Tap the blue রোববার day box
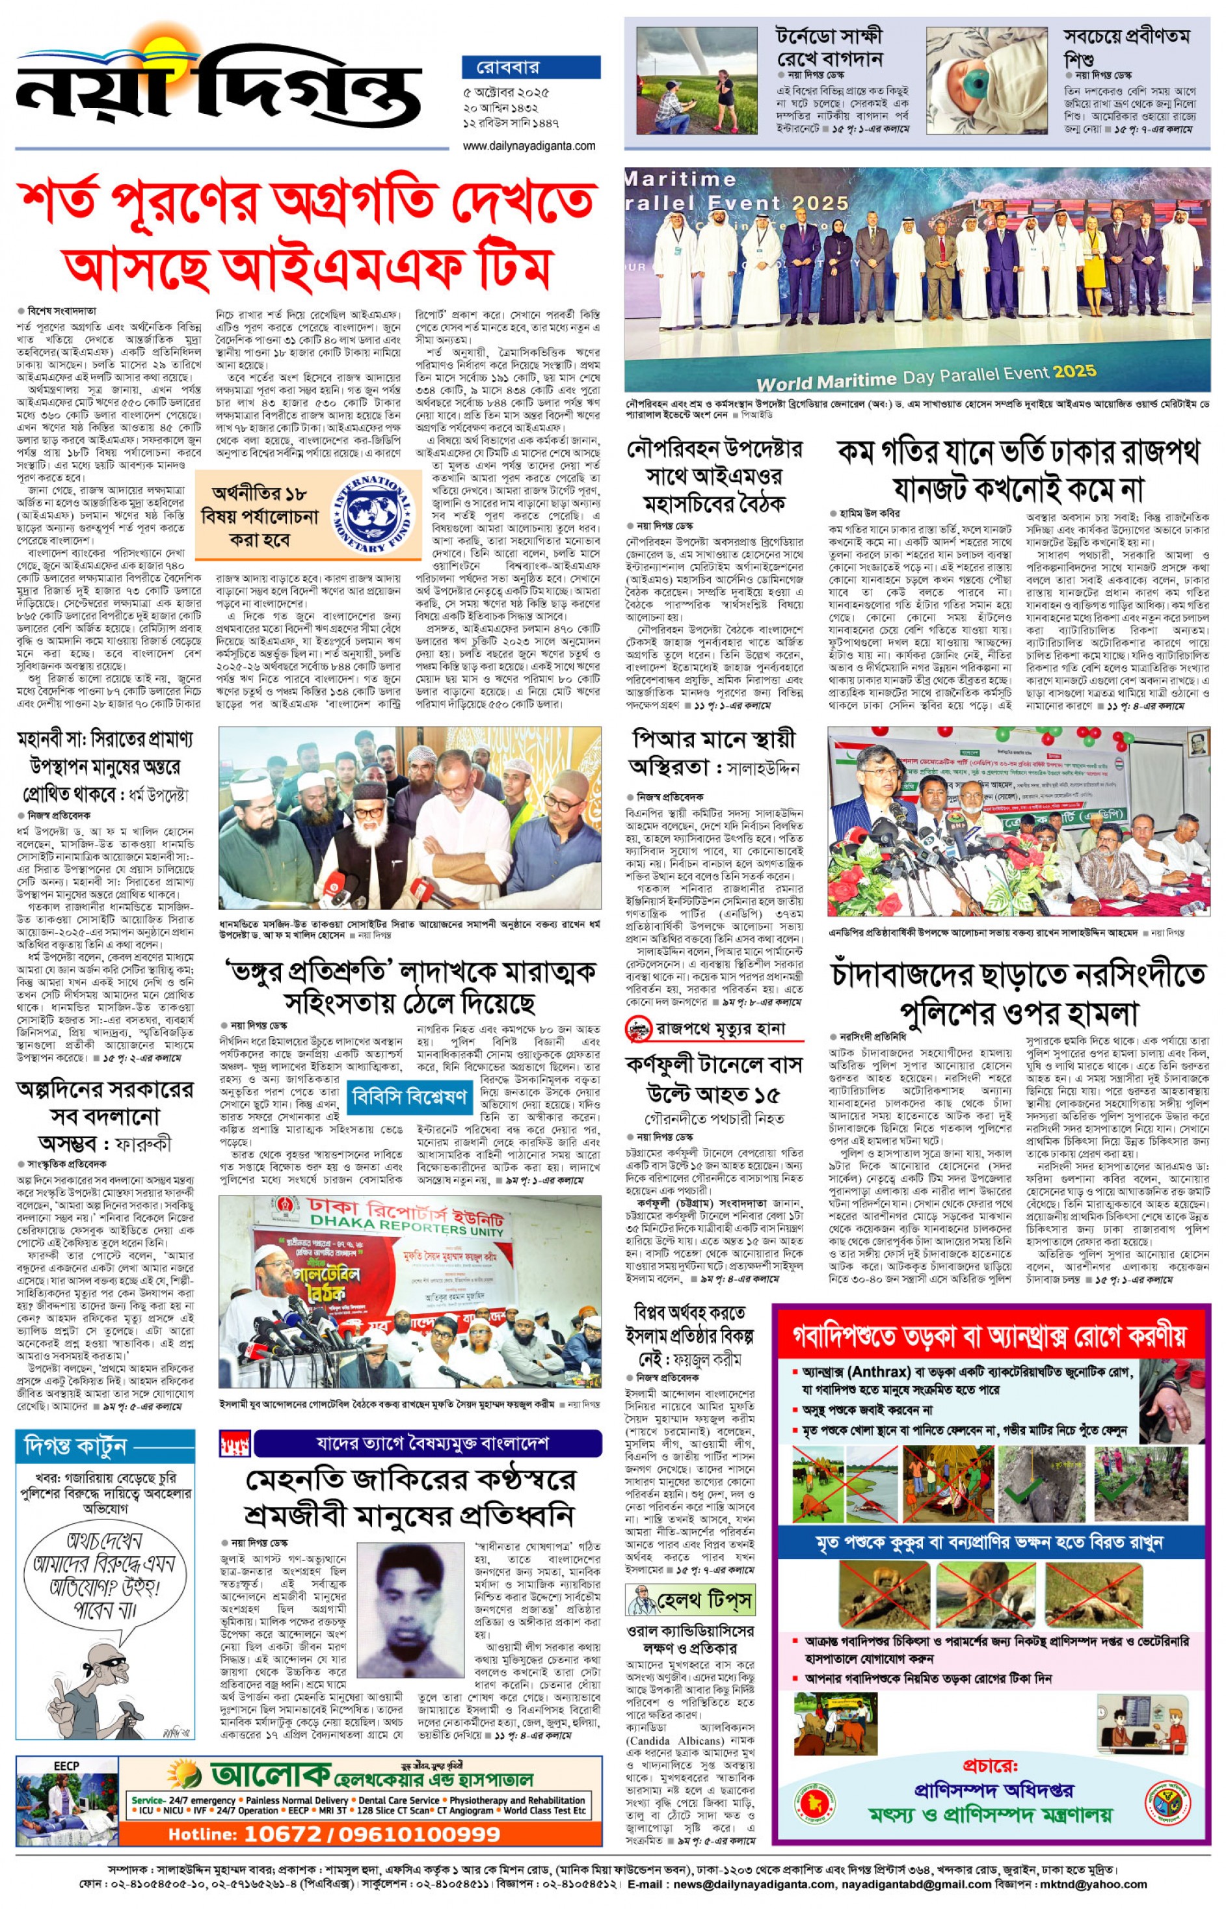(x=530, y=67)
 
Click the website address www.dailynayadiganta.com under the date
(x=529, y=146)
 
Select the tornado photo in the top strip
(x=697, y=81)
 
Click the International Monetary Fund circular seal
(x=374, y=516)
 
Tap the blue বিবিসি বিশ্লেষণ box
(x=409, y=1096)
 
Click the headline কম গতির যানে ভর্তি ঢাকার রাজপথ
(x=1019, y=452)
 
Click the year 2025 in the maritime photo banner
(x=1074, y=371)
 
